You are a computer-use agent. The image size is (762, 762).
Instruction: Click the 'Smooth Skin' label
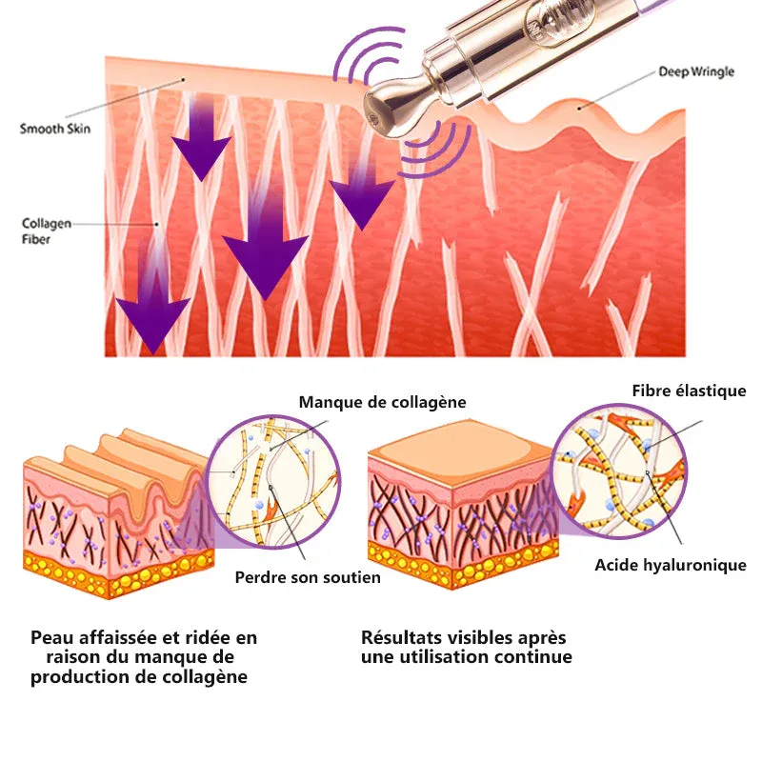click(55, 129)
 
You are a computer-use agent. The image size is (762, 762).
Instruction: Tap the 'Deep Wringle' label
click(696, 72)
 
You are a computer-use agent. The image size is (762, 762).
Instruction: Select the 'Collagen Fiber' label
click(46, 231)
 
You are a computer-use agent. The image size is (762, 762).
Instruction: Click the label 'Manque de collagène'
click(383, 402)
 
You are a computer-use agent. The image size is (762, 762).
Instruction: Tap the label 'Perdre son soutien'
click(308, 577)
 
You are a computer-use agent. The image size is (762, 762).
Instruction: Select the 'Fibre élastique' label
click(689, 391)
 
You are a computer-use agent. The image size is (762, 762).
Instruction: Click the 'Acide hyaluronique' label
click(671, 565)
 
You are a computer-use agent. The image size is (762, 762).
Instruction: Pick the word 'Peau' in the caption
click(50, 637)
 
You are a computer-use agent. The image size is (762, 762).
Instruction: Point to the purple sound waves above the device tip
click(370, 54)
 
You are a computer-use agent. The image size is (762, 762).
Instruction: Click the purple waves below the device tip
click(434, 150)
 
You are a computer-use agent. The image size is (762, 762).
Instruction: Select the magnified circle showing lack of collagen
click(273, 482)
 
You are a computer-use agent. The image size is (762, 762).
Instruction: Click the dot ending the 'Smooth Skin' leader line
click(184, 79)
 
